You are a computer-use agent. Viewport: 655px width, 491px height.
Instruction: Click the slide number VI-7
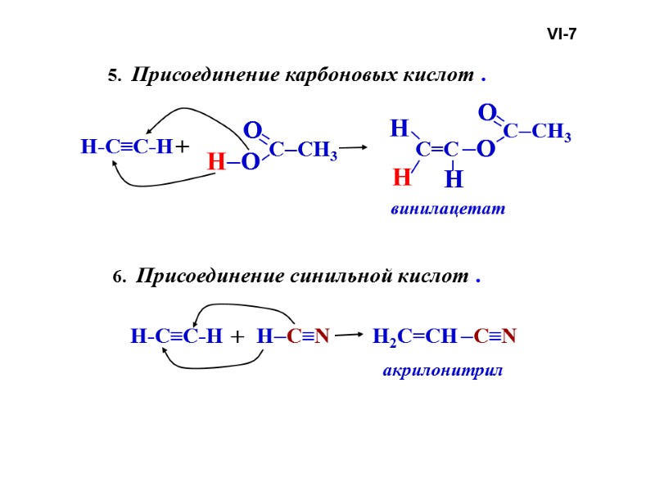[x=562, y=34]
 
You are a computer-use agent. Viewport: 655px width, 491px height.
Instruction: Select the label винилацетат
[x=448, y=209]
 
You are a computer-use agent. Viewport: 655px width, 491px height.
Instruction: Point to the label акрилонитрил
[x=442, y=371]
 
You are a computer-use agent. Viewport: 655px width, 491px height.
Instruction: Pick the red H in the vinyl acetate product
[x=401, y=177]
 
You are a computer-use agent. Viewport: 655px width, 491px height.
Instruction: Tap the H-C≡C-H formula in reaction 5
[x=127, y=147]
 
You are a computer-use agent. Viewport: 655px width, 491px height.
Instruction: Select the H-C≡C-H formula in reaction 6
[x=176, y=336]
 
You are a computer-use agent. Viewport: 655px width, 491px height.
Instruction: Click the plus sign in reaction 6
[x=237, y=336]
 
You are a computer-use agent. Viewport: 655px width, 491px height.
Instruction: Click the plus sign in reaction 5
[x=182, y=147]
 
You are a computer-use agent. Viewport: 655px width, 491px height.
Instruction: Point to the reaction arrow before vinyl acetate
[x=353, y=148]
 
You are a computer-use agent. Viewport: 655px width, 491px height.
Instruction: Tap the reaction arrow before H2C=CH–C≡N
[x=349, y=335]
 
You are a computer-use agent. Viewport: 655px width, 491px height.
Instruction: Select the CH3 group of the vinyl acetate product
[x=551, y=133]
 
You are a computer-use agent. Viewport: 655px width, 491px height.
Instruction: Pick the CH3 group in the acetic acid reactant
[x=316, y=151]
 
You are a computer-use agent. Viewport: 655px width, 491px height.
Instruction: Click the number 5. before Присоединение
[x=114, y=77]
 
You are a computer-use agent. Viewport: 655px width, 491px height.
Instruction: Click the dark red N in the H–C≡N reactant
[x=323, y=336]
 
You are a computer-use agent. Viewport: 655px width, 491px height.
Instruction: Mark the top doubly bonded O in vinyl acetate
[x=486, y=111]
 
